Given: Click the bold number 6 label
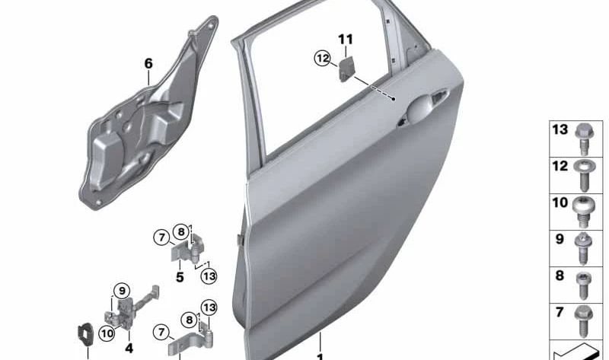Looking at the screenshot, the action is tap(148, 64).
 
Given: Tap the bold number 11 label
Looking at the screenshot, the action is tap(346, 40).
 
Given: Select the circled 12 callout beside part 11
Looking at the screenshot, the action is tap(322, 59).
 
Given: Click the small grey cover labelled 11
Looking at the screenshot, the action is tap(346, 68).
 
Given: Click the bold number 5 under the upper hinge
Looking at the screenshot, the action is tap(180, 277).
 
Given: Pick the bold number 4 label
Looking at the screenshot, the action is tap(129, 348).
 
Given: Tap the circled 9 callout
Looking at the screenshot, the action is tap(122, 291).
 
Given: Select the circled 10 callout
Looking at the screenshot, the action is tap(107, 333).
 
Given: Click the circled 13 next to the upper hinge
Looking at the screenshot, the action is tap(209, 276).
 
